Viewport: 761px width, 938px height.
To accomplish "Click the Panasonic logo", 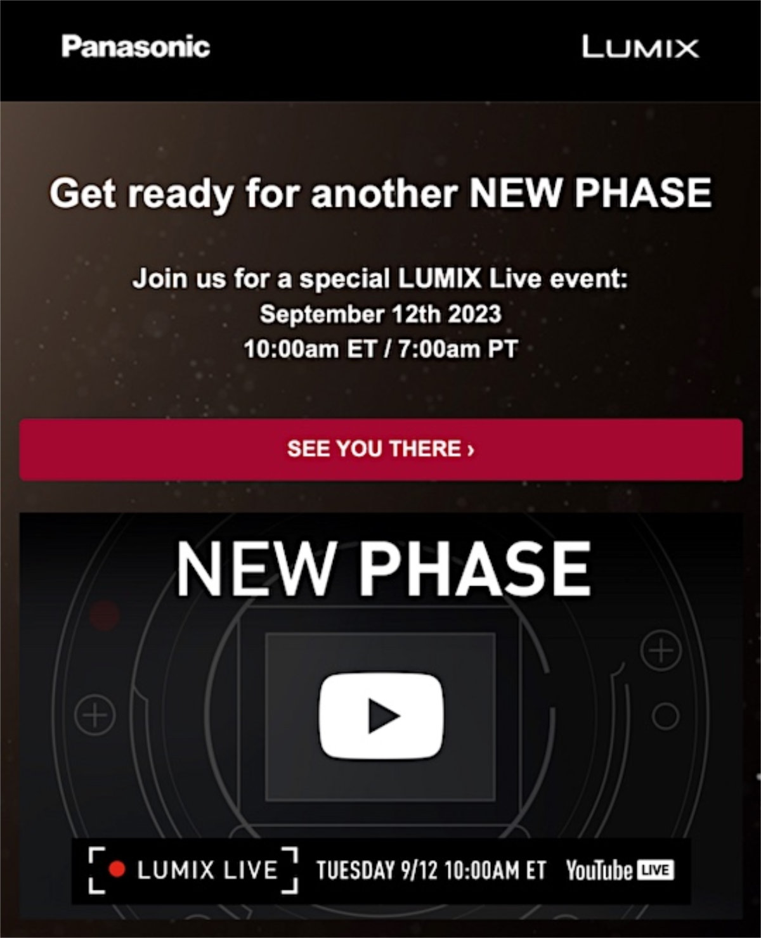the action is pyautogui.click(x=136, y=47).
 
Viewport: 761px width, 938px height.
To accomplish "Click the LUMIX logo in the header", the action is pyautogui.click(x=641, y=47).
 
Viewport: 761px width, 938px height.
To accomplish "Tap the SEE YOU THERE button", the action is pyautogui.click(x=380, y=449).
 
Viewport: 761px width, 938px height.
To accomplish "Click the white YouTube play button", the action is pyautogui.click(x=381, y=716).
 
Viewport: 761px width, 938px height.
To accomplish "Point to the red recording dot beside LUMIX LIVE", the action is pyautogui.click(x=117, y=870).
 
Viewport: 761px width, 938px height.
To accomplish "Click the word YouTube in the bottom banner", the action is pyautogui.click(x=599, y=870).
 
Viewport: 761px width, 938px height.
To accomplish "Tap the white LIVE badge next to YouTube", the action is pyautogui.click(x=656, y=870).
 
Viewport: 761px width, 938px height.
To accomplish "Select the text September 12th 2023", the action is pyautogui.click(x=380, y=314).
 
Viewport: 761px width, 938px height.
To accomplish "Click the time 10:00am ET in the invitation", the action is pyautogui.click(x=309, y=349).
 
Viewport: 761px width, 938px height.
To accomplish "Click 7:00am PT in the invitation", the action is pyautogui.click(x=458, y=349).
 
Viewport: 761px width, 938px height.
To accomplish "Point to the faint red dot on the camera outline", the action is pyautogui.click(x=105, y=615).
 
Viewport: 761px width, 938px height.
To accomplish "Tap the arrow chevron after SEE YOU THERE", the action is pyautogui.click(x=471, y=449).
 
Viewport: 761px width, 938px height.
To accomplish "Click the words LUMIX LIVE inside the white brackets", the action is pyautogui.click(x=207, y=870).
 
